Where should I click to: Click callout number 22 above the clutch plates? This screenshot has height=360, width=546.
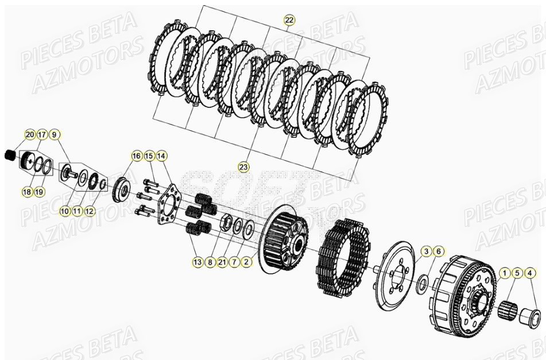point(289,20)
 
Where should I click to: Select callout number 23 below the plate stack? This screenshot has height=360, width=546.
point(243,167)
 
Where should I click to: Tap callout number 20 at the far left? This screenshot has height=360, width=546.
point(29,135)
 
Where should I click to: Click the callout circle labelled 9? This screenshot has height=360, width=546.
point(54,135)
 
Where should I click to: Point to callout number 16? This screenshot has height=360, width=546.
point(136,156)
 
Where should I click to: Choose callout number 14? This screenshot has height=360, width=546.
point(161,156)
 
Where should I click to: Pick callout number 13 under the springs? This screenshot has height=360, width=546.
point(198,262)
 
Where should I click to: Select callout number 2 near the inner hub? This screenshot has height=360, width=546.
point(246,262)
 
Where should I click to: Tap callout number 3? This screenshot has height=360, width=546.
point(426,251)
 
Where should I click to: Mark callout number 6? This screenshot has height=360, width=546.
point(438,251)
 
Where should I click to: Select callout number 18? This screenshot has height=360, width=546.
point(27,192)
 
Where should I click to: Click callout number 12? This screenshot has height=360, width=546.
point(90,211)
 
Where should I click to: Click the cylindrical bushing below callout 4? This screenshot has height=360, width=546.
point(529,316)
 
